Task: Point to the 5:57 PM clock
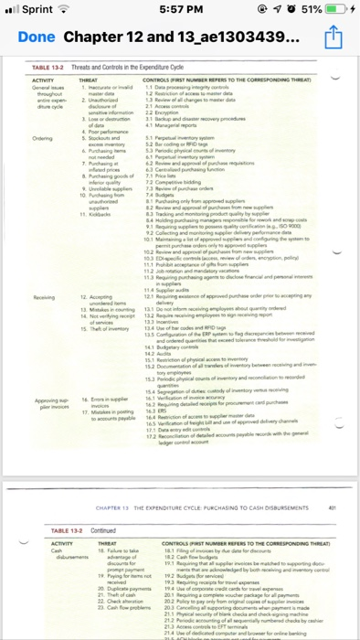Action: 180,10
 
